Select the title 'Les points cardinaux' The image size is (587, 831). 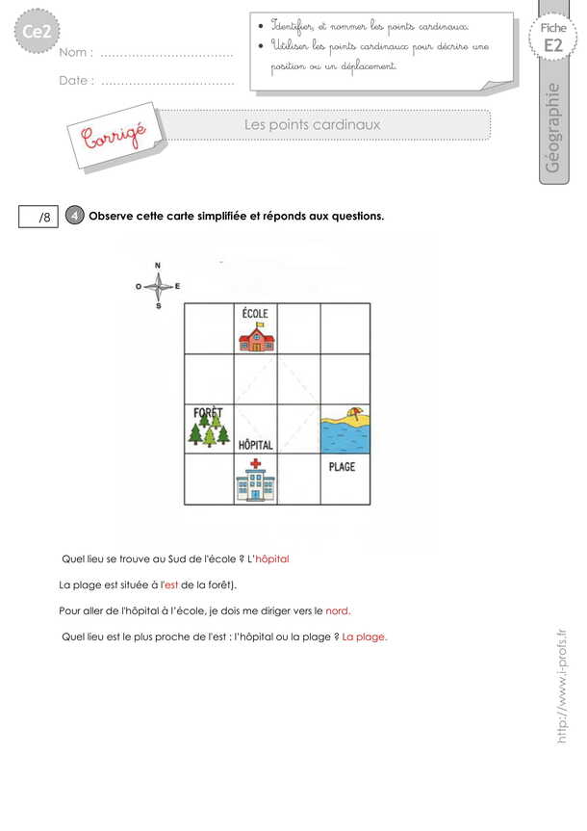pos(313,125)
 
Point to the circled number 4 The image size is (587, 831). pos(76,216)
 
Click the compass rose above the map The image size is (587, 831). pos(159,286)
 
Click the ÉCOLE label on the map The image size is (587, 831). pos(255,314)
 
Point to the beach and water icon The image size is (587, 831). pos(345,428)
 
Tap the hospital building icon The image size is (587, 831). pos(255,480)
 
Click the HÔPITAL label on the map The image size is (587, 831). pos(255,445)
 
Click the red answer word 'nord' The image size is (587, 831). pos(338,610)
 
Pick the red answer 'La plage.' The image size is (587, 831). pos(365,636)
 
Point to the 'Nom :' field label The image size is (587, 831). pos(76,54)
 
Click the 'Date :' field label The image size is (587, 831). pos(77,81)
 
